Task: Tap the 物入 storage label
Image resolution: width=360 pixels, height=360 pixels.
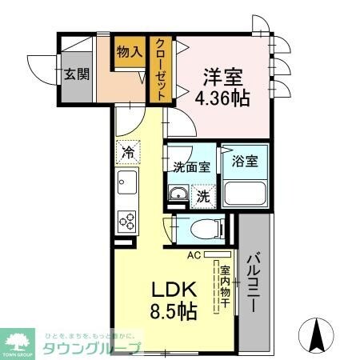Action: pyautogui.click(x=130, y=52)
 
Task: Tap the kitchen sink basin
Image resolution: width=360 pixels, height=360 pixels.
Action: pyautogui.click(x=126, y=185)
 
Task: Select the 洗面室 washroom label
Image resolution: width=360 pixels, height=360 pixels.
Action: pyautogui.click(x=192, y=167)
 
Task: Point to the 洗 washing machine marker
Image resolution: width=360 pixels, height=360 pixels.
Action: pyautogui.click(x=204, y=194)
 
